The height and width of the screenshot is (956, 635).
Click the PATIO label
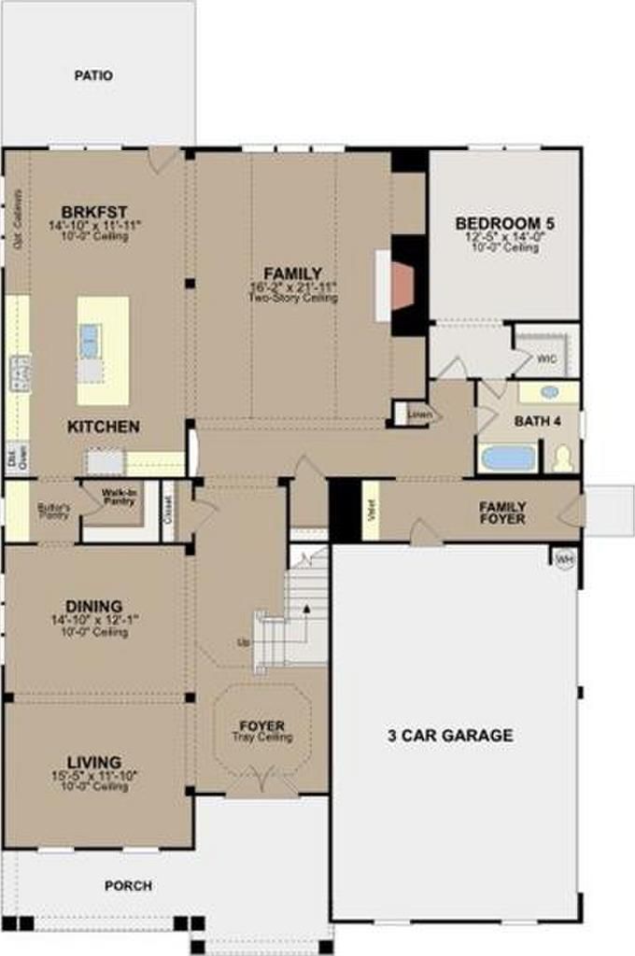pos(93,75)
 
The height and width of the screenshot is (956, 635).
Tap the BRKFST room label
pos(93,210)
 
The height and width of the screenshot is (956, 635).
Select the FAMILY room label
pos(292,274)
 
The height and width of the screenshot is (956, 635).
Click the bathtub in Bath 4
pos(508,458)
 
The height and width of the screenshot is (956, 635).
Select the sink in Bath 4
pos(550,392)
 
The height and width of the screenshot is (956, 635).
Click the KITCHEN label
pos(104,427)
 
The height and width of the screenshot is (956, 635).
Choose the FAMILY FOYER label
pos(502,513)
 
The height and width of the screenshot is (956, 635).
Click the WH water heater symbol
pos(564,559)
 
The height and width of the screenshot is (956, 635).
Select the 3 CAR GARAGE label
pos(450,736)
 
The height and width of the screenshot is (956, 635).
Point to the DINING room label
pos(93,606)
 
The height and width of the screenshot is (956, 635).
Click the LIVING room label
pos(93,763)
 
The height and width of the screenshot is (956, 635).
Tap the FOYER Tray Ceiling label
pos(261,726)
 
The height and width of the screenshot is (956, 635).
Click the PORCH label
pos(128,886)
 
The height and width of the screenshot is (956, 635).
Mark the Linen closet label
pos(417,413)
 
